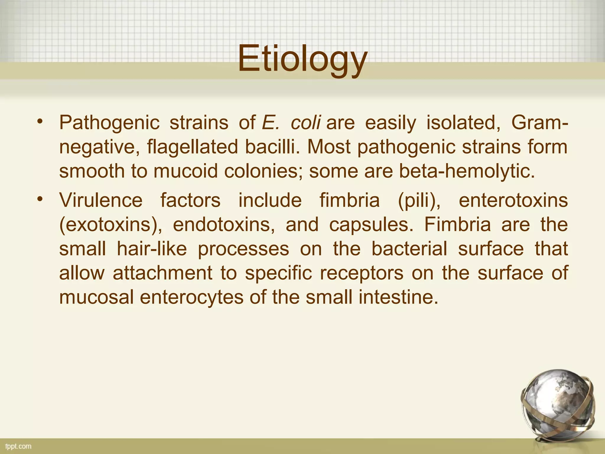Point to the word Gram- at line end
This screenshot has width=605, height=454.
539,123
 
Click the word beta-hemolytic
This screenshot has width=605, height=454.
467,171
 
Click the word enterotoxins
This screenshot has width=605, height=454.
513,200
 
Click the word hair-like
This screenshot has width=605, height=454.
152,249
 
